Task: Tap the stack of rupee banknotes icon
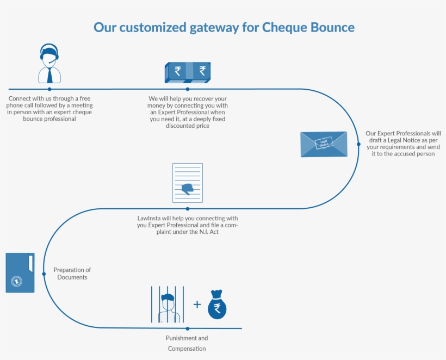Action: coord(188,72)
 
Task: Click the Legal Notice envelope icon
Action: coord(324,144)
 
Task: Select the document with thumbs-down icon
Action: coord(188,183)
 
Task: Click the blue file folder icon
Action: coord(20,272)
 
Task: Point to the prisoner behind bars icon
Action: coord(167,305)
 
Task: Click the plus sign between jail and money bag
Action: coord(197,304)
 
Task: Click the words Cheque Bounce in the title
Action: coord(308,27)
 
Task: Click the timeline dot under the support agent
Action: coord(49,89)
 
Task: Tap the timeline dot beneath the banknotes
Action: coord(188,89)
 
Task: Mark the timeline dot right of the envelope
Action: coord(358,144)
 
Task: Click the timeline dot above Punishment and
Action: coord(188,328)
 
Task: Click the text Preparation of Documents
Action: coord(72,274)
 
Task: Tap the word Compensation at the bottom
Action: coord(187,349)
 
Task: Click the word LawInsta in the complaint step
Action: coord(149,218)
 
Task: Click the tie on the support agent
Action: coord(49,75)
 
